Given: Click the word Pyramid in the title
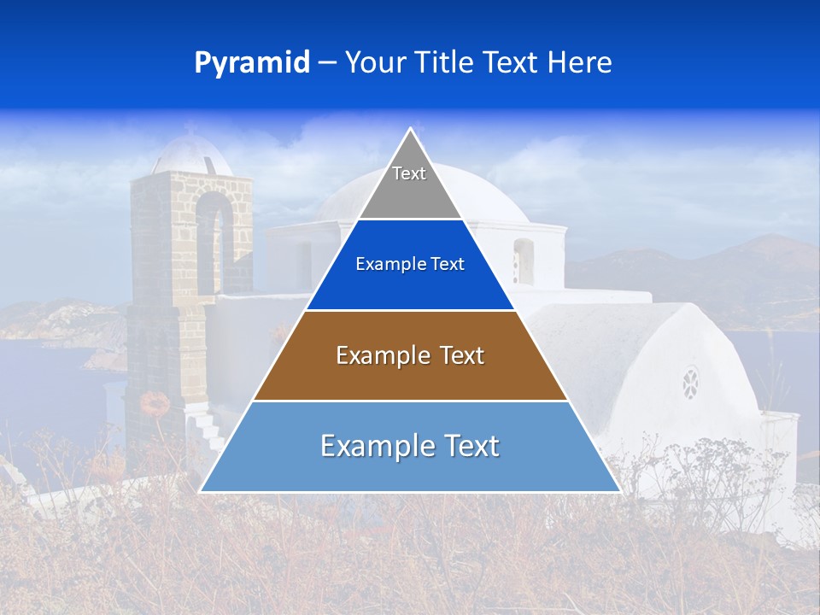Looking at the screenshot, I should [x=252, y=63].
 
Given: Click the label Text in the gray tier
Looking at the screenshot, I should [x=409, y=173].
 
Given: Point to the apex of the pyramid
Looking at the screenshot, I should [x=410, y=130].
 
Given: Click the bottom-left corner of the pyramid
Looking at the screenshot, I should [x=202, y=491].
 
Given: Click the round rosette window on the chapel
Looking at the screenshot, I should [x=690, y=383].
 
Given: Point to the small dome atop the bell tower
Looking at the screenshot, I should [x=190, y=154].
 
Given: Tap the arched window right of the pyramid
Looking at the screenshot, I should [x=524, y=261].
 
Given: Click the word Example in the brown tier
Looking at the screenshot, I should [x=375, y=355].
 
